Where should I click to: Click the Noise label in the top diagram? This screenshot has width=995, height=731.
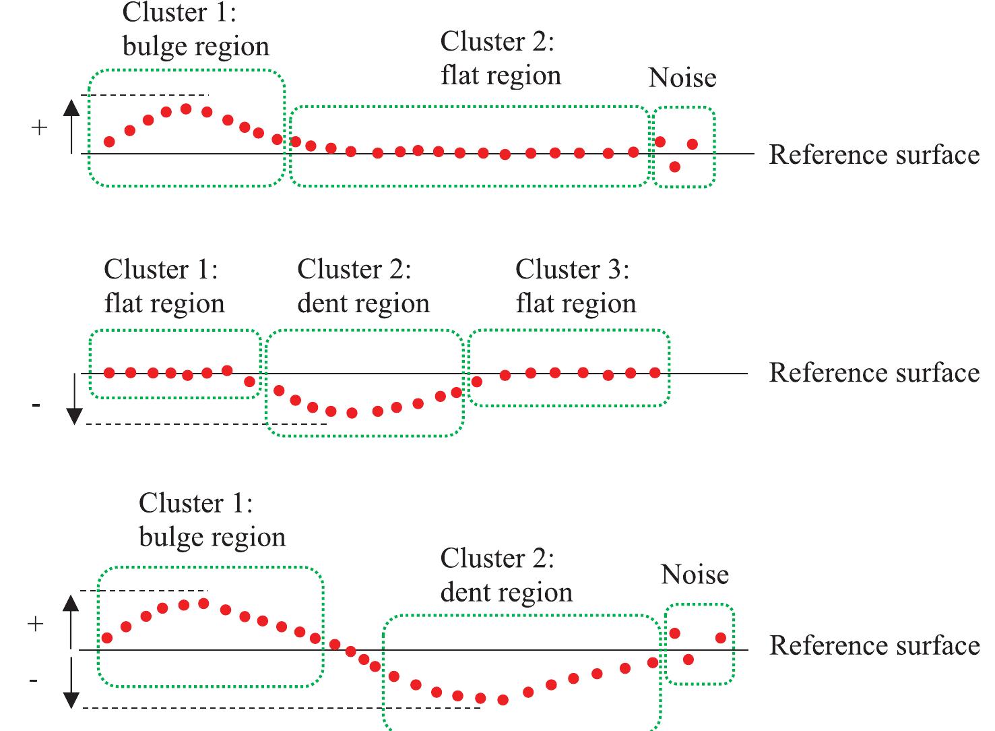pyautogui.click(x=682, y=78)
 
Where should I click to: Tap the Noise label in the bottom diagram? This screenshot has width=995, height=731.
pyautogui.click(x=695, y=575)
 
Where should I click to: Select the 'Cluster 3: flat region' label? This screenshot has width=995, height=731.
pyautogui.click(x=575, y=287)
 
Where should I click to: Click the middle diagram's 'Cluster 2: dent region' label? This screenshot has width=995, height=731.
pyautogui.click(x=363, y=287)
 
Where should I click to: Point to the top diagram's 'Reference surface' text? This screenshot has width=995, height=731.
pyautogui.click(x=874, y=155)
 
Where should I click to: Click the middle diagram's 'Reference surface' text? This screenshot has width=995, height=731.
pyautogui.click(x=874, y=373)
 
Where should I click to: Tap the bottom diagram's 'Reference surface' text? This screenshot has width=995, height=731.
pyautogui.click(x=874, y=646)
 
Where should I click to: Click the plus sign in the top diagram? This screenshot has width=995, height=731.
pyautogui.click(x=40, y=127)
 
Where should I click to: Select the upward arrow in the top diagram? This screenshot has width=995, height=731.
pyautogui.click(x=71, y=125)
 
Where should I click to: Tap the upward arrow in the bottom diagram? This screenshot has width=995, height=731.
pyautogui.click(x=71, y=621)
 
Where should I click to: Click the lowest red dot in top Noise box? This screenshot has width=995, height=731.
pyautogui.click(x=675, y=167)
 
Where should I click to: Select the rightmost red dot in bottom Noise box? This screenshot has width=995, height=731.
pyautogui.click(x=720, y=637)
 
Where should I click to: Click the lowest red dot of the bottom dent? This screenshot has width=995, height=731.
pyautogui.click(x=502, y=701)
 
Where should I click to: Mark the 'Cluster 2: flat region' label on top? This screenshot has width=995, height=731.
pyautogui.click(x=501, y=59)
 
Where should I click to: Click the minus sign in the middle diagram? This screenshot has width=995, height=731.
pyautogui.click(x=36, y=405)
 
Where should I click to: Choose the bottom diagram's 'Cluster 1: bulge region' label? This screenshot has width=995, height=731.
pyautogui.click(x=212, y=521)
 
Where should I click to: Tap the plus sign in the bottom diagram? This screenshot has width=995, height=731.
pyautogui.click(x=35, y=624)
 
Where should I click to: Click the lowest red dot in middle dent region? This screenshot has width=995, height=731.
pyautogui.click(x=352, y=413)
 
